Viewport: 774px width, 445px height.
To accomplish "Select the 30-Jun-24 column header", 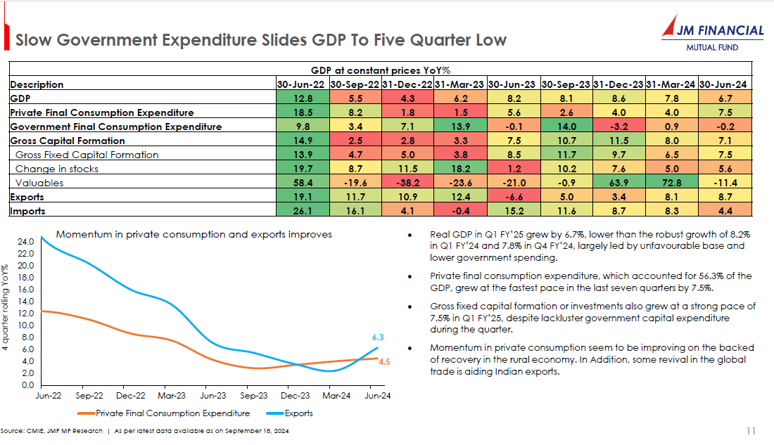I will [724, 84].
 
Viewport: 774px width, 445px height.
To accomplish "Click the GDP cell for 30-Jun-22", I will [301, 98].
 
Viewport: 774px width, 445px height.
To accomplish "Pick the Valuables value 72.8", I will [671, 183].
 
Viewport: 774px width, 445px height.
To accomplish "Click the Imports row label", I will [27, 211].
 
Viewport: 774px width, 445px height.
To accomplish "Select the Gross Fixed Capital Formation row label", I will [87, 155].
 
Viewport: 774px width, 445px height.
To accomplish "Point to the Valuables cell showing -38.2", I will [407, 183].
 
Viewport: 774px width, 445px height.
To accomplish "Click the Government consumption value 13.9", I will [460, 127].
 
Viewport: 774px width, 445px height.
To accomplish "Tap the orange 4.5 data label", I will [384, 362].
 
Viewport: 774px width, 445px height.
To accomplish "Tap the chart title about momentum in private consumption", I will [193, 234].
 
